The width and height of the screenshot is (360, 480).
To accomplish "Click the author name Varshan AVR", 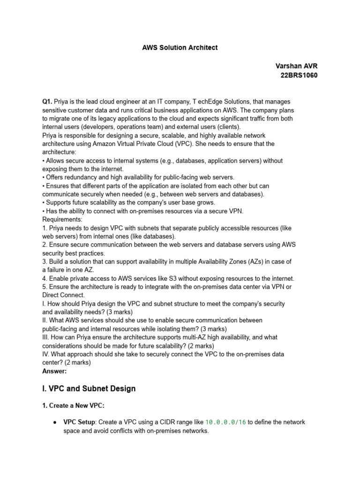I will (x=299, y=66).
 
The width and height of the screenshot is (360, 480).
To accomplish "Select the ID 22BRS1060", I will (x=299, y=75).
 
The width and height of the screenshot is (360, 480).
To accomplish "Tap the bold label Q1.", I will (x=47, y=101).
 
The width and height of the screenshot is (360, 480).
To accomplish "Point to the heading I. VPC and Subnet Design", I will (x=89, y=388).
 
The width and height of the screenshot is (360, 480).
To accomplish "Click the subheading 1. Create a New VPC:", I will (x=80, y=406).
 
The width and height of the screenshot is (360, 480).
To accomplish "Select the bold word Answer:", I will (x=54, y=371).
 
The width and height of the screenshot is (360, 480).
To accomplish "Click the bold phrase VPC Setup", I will (x=79, y=422).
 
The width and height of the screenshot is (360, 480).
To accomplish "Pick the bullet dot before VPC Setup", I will (x=56, y=422).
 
